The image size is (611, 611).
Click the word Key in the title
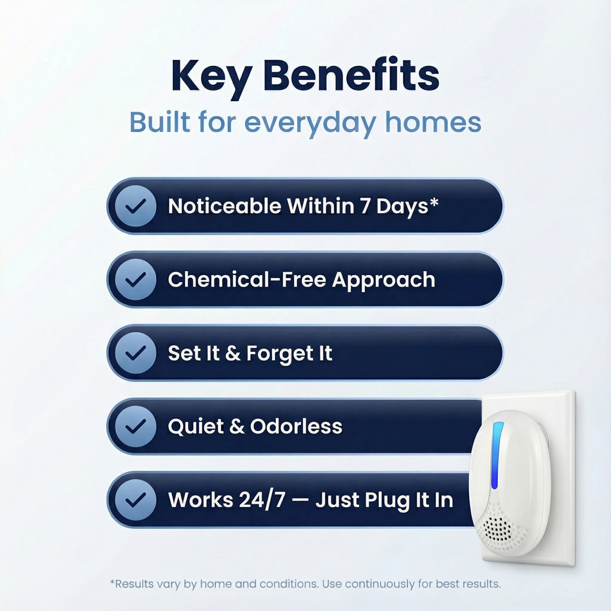coord(212,78)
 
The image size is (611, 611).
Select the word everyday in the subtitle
coord(310,124)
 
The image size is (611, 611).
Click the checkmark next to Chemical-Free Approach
coord(135,280)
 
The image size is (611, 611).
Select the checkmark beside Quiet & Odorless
coord(135,427)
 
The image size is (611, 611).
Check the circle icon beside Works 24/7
coord(135,500)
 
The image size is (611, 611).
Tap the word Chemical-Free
coord(247,280)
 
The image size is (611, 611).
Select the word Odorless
coord(296,426)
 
